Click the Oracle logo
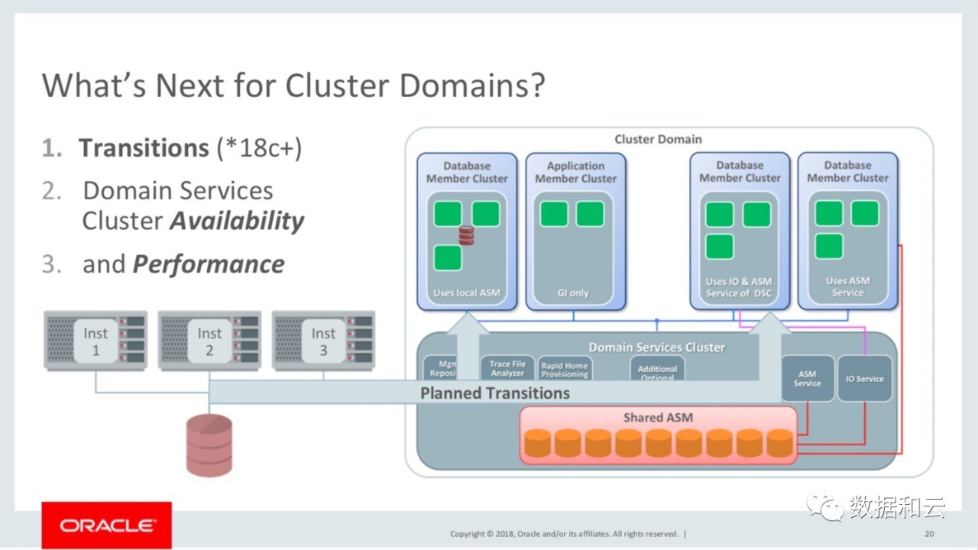(106, 525)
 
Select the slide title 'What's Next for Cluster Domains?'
(293, 84)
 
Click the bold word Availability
(237, 221)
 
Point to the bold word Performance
(209, 264)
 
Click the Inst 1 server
(96, 341)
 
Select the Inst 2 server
(209, 341)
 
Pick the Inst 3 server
(323, 341)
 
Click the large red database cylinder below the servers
(209, 445)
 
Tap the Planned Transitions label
(495, 393)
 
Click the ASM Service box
(807, 379)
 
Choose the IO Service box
(865, 379)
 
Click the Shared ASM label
(658, 418)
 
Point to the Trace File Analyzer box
(507, 368)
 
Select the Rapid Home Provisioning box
(565, 370)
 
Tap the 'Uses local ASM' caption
(466, 293)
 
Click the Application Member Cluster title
(575, 172)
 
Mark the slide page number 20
(929, 533)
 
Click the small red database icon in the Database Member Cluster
(466, 235)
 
